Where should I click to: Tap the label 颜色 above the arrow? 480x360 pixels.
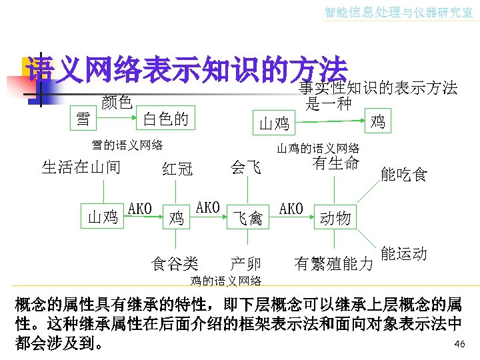click(x=117, y=102)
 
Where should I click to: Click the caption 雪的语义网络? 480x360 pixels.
click(x=127, y=144)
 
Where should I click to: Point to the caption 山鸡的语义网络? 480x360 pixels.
click(x=318, y=148)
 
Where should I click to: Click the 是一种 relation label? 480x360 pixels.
click(x=328, y=103)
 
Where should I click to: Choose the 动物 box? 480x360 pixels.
click(x=335, y=217)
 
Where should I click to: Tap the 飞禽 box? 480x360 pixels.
click(x=247, y=217)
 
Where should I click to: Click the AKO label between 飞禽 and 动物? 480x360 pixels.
click(x=291, y=209)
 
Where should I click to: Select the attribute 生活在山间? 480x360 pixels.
click(x=81, y=167)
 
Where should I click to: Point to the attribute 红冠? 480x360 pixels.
click(x=177, y=169)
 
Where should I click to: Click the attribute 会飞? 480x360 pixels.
click(x=246, y=167)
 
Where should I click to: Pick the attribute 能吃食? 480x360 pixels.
click(x=403, y=175)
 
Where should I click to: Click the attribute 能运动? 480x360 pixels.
click(x=404, y=254)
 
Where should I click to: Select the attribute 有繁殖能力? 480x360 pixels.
click(x=333, y=264)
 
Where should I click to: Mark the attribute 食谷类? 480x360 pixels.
click(x=175, y=264)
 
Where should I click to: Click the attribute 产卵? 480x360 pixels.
click(x=245, y=263)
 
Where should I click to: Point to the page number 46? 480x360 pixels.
click(x=459, y=343)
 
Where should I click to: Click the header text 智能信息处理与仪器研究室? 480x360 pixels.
click(x=398, y=12)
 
